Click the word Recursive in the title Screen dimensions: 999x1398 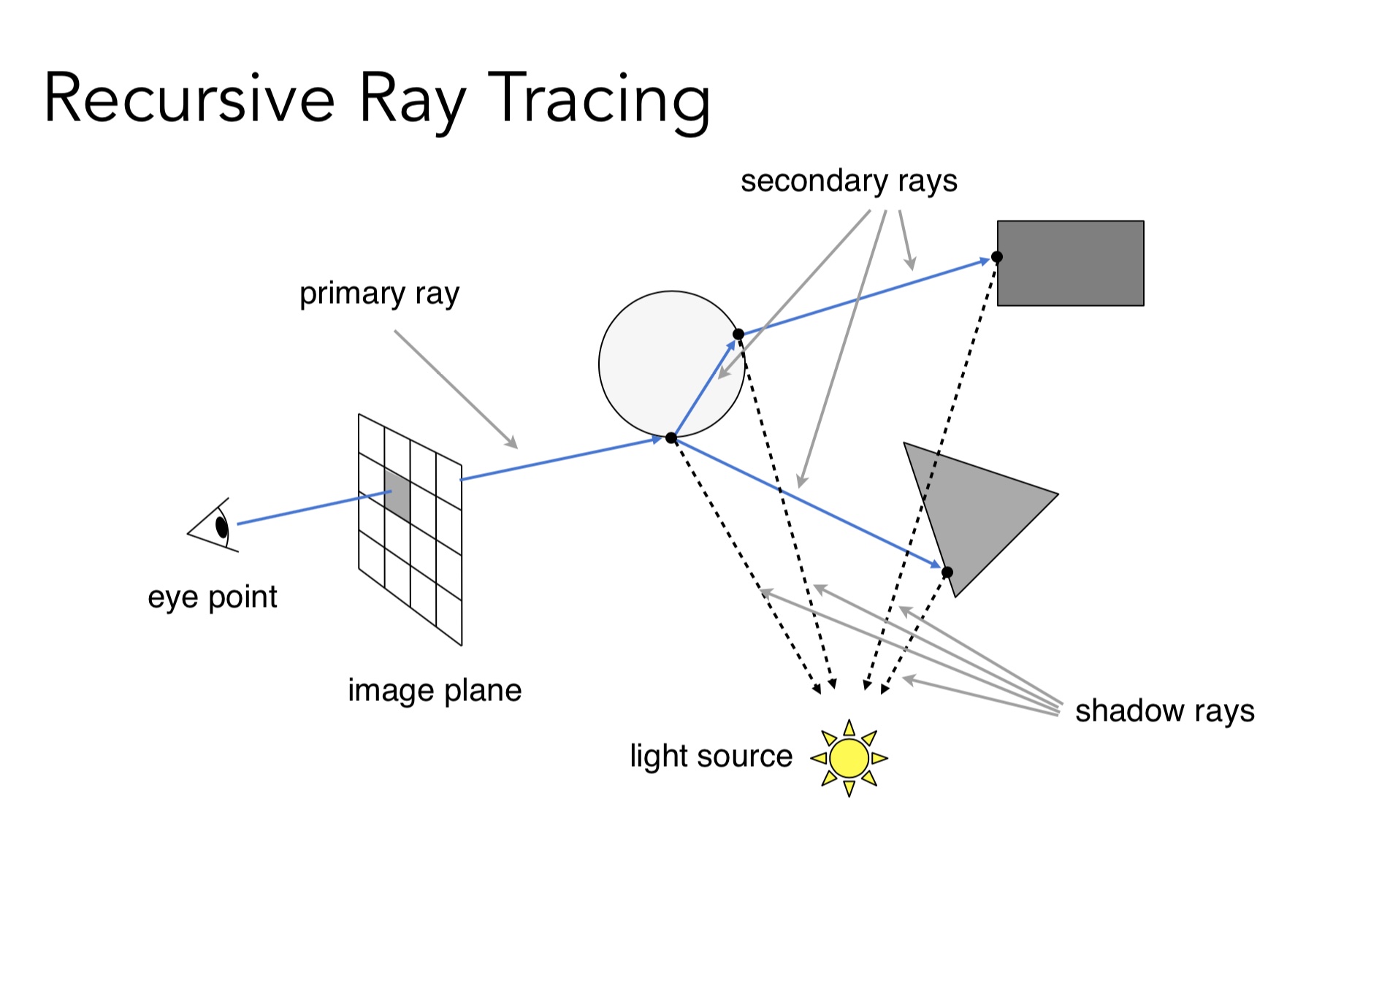(189, 99)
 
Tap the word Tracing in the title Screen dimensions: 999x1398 (599, 99)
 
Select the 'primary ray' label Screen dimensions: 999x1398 (379, 294)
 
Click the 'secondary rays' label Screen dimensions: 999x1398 (849, 180)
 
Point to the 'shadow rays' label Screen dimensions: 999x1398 (1164, 711)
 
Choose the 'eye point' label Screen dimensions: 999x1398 (212, 597)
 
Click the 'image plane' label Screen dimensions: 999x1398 (435, 690)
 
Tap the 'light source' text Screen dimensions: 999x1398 (711, 756)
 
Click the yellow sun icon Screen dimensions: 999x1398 (849, 758)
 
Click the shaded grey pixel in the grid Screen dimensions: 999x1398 (397, 495)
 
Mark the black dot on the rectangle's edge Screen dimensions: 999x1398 (997, 257)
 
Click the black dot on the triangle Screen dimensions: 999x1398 (947, 572)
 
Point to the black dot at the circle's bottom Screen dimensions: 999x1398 (671, 438)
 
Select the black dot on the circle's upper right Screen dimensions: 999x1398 (738, 334)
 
